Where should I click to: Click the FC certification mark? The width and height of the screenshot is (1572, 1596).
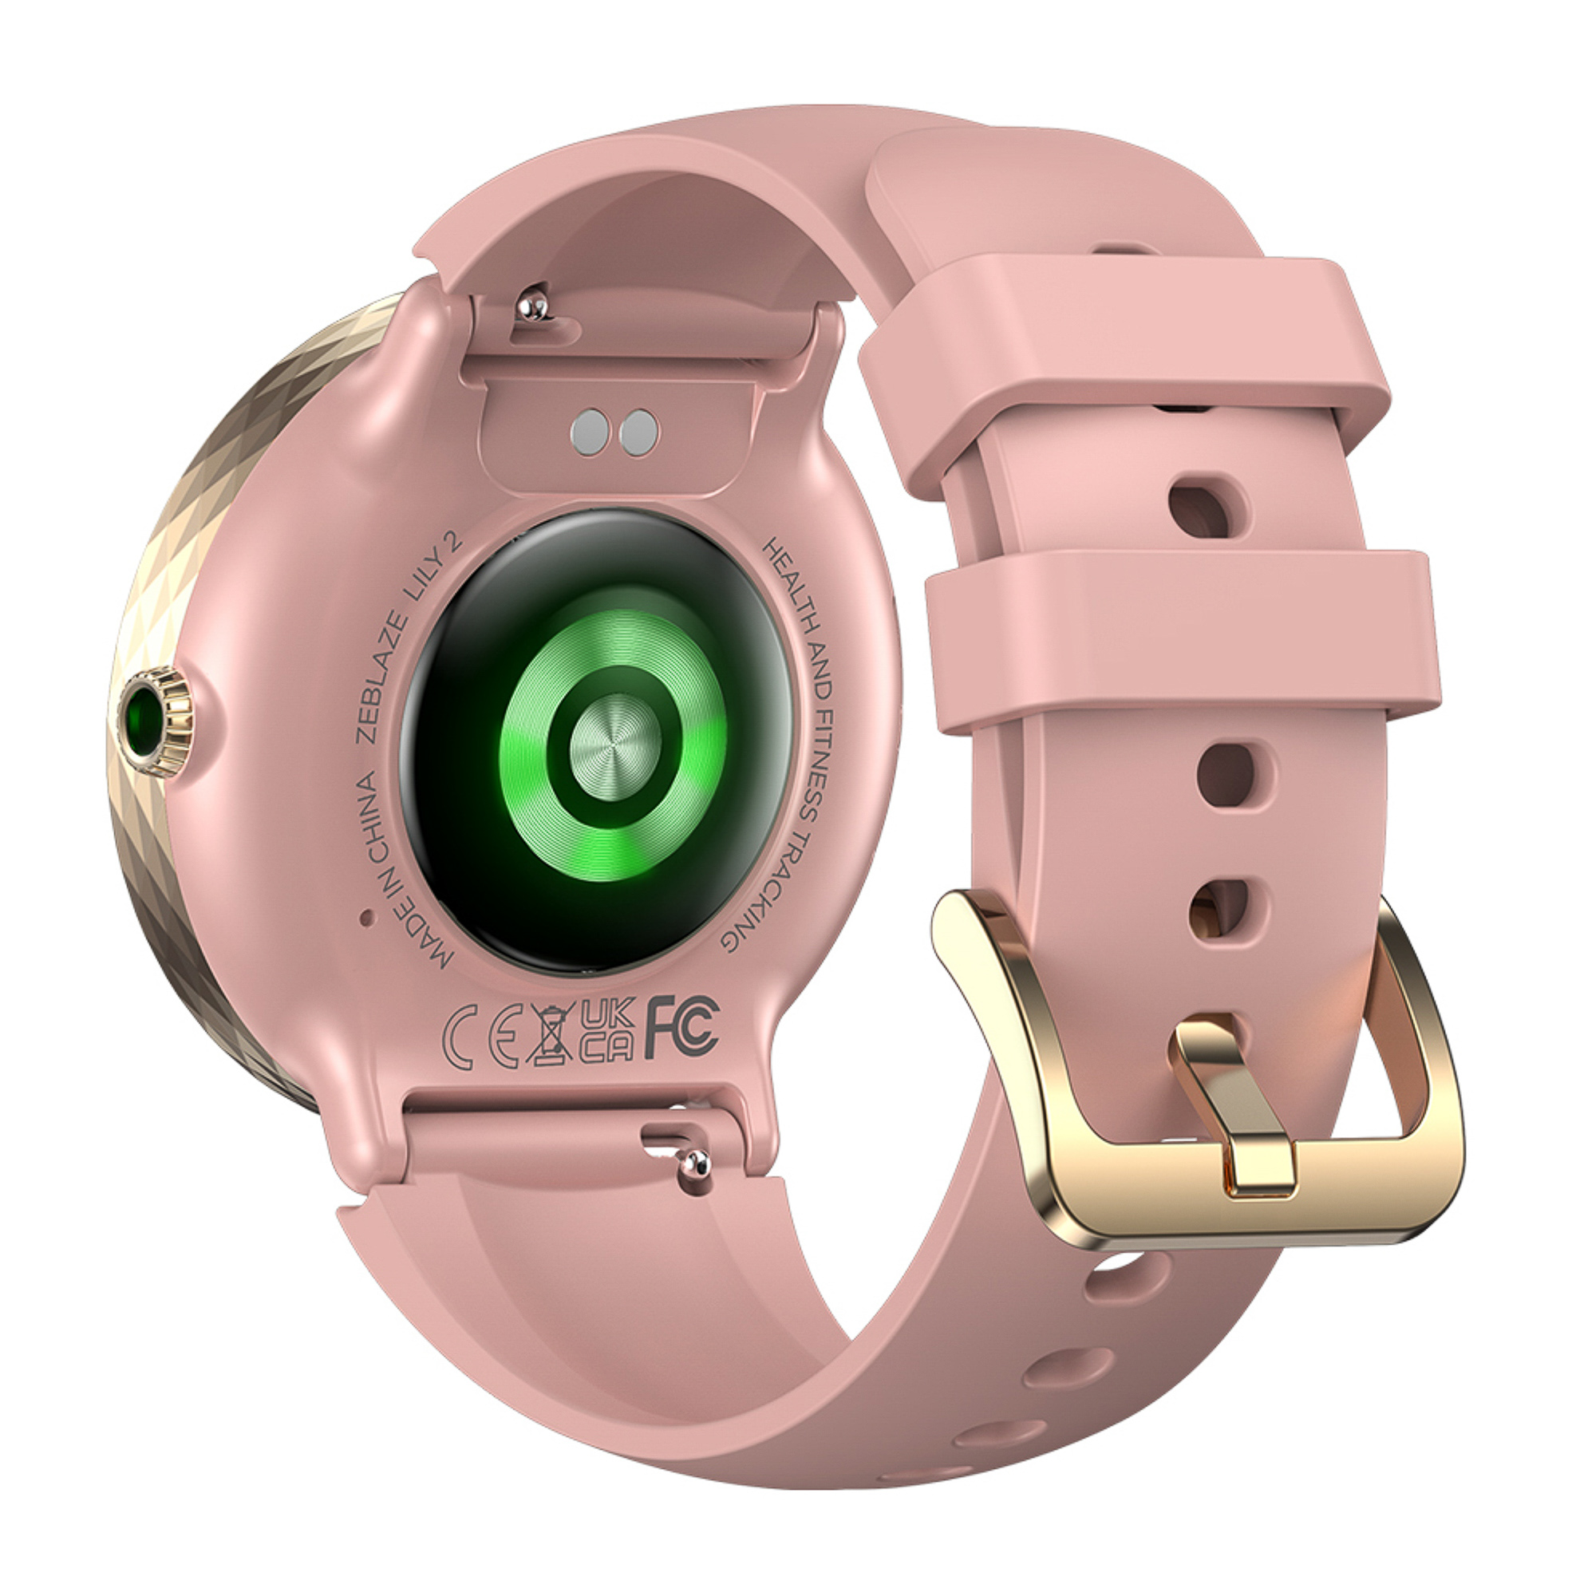[x=682, y=1026]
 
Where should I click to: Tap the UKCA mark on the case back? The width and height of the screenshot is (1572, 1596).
[x=606, y=1031]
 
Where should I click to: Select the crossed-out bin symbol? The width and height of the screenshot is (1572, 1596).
[x=550, y=1033]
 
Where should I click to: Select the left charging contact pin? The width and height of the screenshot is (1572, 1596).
[x=590, y=430]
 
